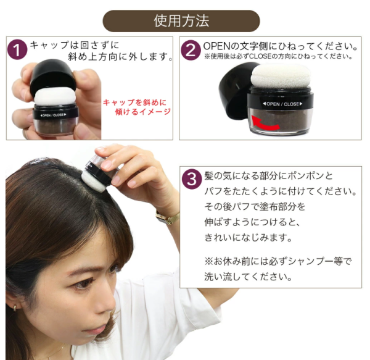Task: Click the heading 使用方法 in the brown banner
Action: [x=181, y=21]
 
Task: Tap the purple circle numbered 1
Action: [x=17, y=49]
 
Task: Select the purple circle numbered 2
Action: [x=191, y=50]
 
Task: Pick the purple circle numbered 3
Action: [x=192, y=179]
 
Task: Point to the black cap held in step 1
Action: [x=53, y=75]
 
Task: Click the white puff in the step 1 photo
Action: [x=55, y=97]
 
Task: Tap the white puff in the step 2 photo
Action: [x=281, y=77]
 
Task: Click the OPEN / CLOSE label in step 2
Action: [x=282, y=104]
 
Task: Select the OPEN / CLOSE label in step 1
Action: [x=53, y=115]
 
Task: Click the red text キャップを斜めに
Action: [x=134, y=103]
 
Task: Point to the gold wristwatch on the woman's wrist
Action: [x=168, y=217]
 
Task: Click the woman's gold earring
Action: [x=15, y=308]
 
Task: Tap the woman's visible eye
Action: [x=83, y=283]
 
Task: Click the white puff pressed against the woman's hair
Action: [x=94, y=181]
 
